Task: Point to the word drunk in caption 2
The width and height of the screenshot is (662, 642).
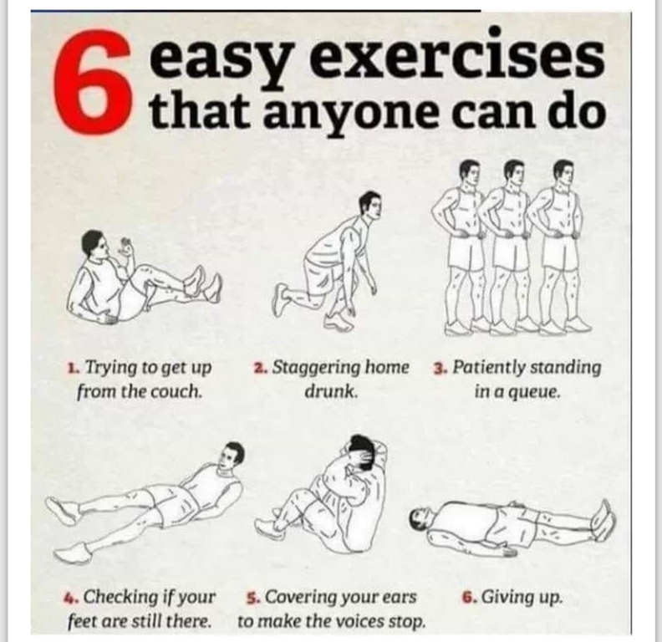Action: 331,391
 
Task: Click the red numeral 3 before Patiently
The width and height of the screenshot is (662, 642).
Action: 440,369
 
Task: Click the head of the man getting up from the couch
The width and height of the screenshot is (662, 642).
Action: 94,245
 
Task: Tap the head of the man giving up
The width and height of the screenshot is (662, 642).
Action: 422,520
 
